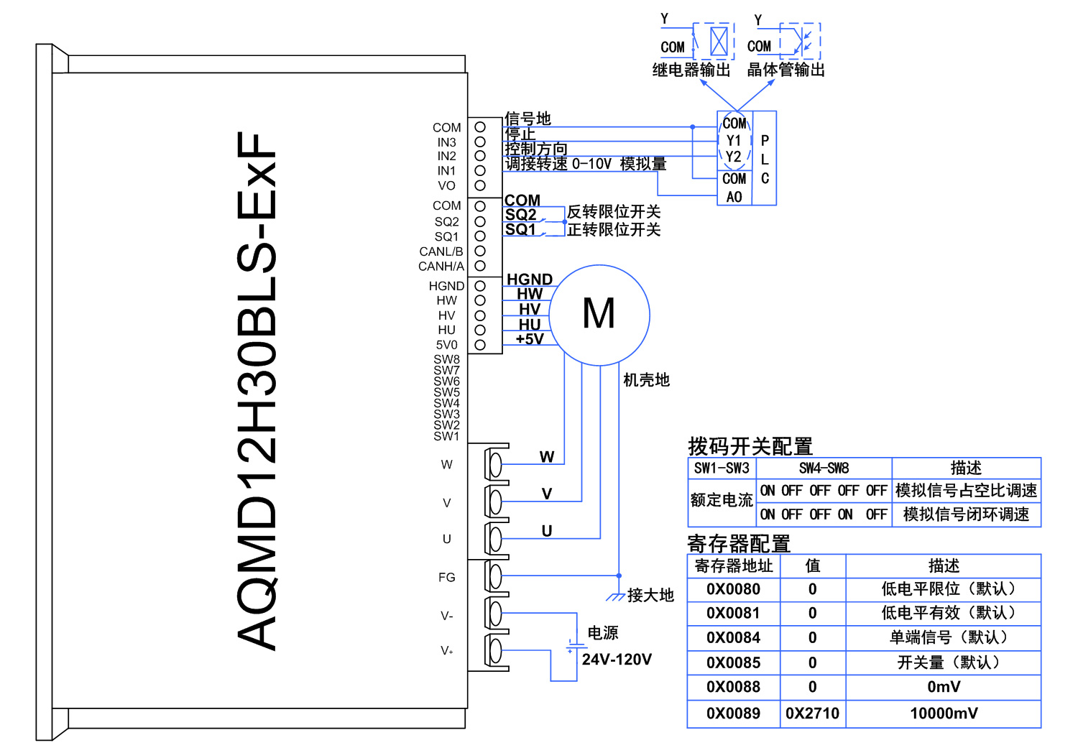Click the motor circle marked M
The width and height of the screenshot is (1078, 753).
(x=599, y=315)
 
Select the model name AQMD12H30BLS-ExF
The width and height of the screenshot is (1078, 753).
(x=257, y=392)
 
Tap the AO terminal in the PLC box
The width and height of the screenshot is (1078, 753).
(x=734, y=197)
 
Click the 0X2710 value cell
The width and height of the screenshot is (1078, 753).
(x=812, y=713)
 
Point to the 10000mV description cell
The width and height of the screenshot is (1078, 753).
(x=943, y=713)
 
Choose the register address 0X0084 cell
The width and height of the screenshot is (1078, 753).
(x=733, y=637)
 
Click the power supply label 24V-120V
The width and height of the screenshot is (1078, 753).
(x=617, y=660)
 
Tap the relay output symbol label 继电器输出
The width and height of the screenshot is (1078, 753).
(x=691, y=70)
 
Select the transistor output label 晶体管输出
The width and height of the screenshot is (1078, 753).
(x=786, y=70)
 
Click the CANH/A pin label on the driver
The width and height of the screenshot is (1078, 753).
(x=441, y=267)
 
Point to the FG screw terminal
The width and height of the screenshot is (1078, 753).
(x=495, y=576)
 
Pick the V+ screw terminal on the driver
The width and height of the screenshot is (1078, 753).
(x=495, y=651)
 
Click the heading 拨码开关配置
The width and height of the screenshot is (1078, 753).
(x=750, y=446)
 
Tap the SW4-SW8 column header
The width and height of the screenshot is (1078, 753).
(x=824, y=468)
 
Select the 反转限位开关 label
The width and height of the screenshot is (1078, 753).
(x=614, y=212)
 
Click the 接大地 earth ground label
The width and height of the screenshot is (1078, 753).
(x=650, y=595)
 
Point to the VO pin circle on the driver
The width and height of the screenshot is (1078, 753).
(x=480, y=185)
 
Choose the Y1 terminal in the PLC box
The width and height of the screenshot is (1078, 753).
(x=734, y=141)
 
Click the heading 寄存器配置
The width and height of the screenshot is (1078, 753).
(x=739, y=543)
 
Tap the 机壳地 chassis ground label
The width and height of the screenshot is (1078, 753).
(x=646, y=379)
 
